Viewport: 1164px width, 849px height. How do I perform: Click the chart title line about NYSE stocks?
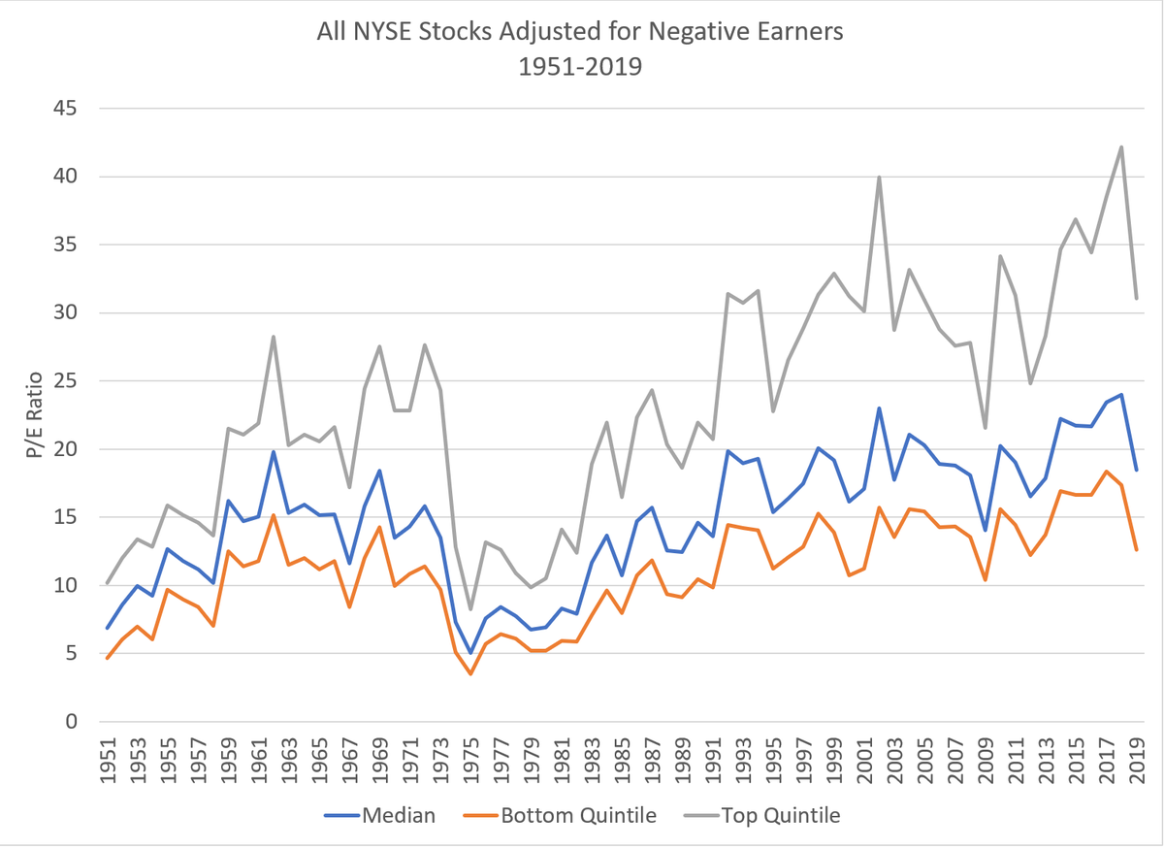coord(580,32)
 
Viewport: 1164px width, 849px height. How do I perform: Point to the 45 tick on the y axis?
coord(65,109)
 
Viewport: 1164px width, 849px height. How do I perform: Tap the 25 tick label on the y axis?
coord(65,381)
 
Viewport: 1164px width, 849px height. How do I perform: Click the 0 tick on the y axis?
coord(71,722)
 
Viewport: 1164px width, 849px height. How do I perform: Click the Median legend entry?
coord(381,815)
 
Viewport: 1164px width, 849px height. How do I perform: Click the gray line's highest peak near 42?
coord(1121,147)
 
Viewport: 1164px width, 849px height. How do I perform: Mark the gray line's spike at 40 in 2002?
coord(879,177)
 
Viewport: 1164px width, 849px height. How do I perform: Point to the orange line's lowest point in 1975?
coord(470,674)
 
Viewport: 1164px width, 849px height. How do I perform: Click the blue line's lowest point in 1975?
coord(470,653)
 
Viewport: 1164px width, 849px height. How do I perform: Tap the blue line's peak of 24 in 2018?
coord(1121,395)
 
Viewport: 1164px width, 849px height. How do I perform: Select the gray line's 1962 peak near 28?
coord(274,337)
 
